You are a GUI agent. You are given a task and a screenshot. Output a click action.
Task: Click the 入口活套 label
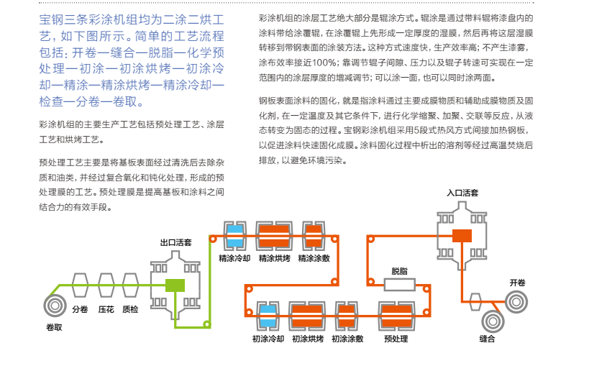(462, 193)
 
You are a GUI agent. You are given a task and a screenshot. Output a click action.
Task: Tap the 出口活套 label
(175, 242)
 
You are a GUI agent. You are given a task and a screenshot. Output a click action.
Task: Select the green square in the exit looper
(175, 285)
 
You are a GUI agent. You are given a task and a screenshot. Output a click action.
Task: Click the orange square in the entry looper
(462, 236)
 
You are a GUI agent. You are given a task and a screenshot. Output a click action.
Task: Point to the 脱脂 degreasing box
(399, 285)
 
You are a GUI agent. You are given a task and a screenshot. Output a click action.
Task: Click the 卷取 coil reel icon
(55, 306)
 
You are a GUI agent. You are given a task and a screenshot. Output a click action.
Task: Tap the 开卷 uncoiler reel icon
(516, 302)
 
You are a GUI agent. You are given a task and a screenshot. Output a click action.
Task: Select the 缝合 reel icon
(493, 321)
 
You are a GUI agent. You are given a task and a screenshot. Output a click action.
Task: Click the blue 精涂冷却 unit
(235, 236)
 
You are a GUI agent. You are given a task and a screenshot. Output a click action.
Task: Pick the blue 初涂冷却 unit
(268, 316)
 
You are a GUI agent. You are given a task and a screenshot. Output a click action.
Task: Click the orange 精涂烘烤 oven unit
(274, 236)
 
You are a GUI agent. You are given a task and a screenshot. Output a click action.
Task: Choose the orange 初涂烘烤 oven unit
(307, 316)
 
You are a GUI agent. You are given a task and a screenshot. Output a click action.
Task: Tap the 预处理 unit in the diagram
(397, 316)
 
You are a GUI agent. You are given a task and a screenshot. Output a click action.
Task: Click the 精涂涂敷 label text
(314, 258)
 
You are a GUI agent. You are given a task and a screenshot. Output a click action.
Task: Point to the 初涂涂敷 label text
(347, 339)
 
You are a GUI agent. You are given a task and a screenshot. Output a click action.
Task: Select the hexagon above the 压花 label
(106, 285)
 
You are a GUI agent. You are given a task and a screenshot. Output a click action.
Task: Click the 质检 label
(130, 309)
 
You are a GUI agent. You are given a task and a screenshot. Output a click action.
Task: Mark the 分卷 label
(80, 309)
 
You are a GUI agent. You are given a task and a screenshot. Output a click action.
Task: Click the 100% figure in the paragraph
(324, 63)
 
